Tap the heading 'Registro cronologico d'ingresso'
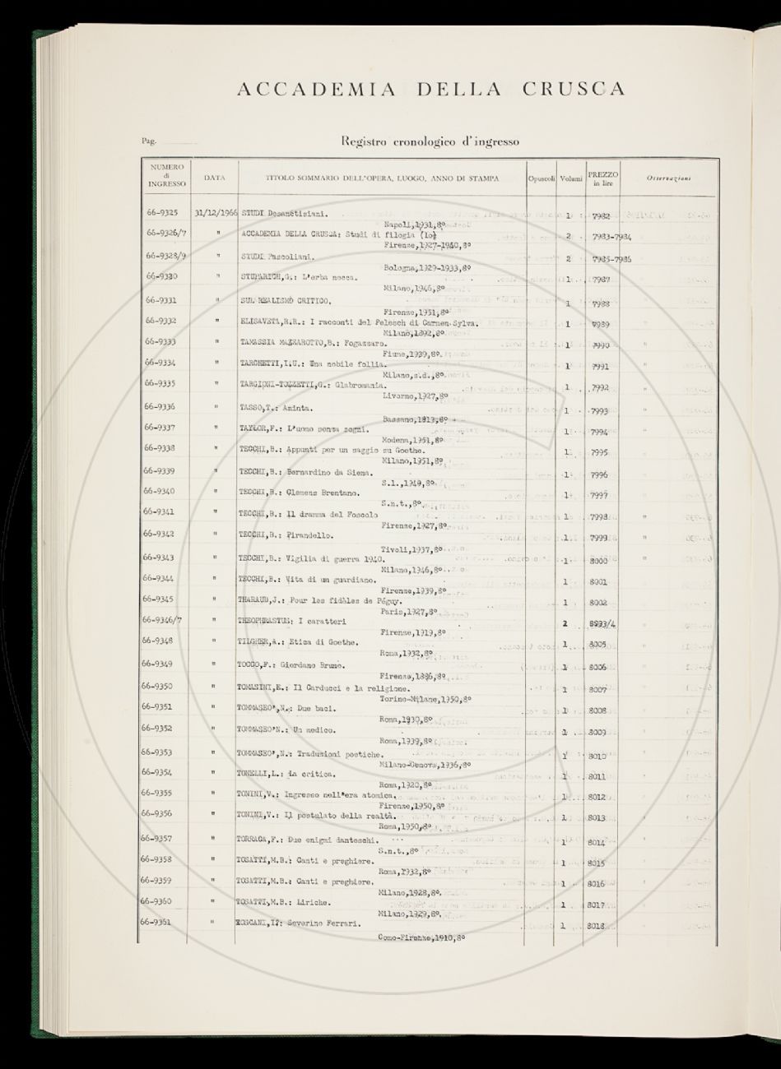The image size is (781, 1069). pos(430,141)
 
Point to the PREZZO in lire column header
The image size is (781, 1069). pos(602,178)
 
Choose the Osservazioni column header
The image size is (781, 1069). pos(667,178)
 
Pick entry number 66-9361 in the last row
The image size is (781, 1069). pos(164,923)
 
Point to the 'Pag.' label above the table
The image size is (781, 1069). pos(149,142)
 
